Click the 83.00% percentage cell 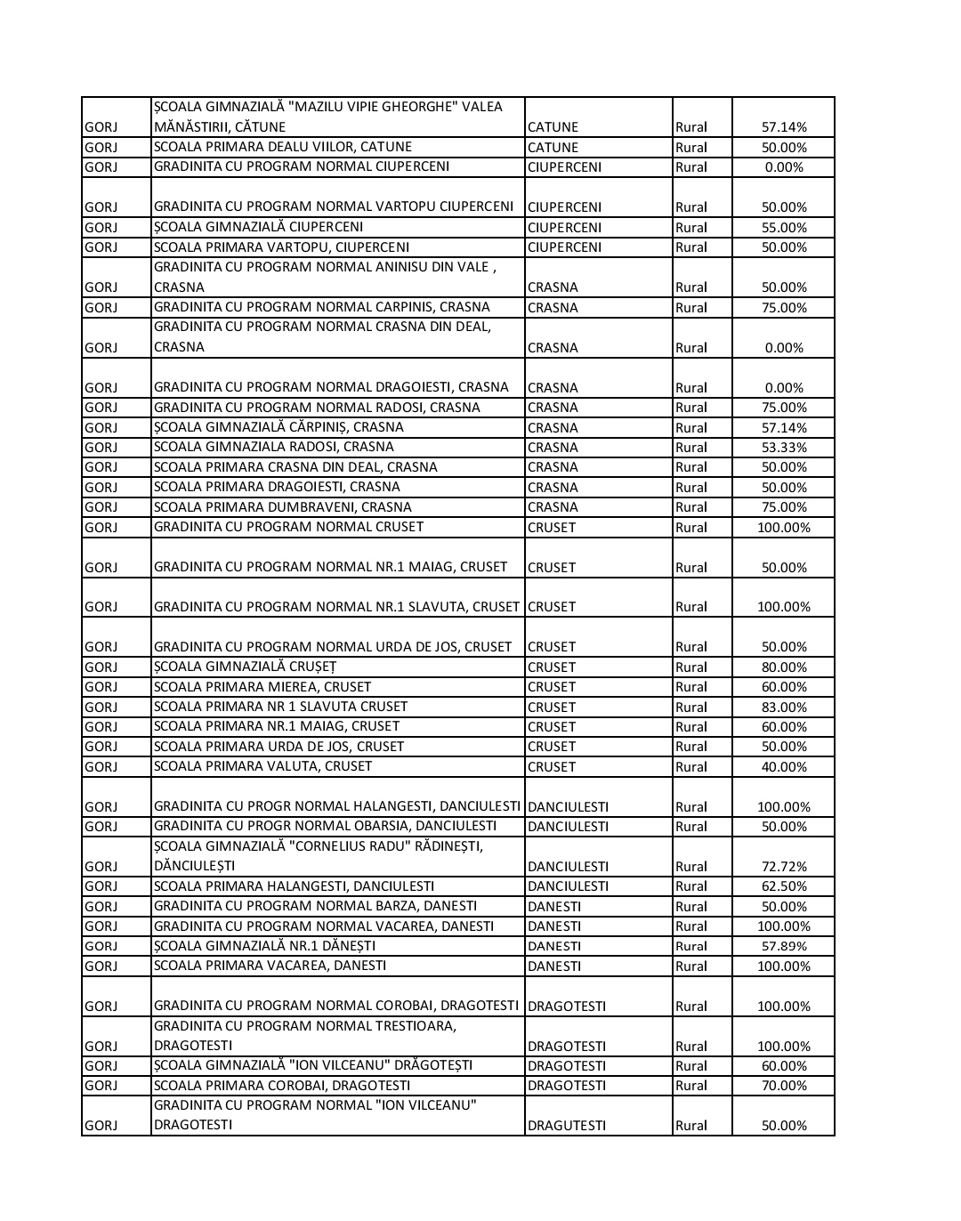[783, 708]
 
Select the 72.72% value [783, 867]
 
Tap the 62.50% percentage [783, 886]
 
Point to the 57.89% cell [783, 946]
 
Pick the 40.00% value [783, 767]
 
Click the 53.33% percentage [783, 448]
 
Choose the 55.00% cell [783, 228]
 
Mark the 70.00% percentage [783, 1086]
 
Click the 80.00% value [783, 667]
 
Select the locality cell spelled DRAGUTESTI [566, 1126]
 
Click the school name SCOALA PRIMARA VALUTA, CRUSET [262, 766]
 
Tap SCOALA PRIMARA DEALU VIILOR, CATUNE [282, 147]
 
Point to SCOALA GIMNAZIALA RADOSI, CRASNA [273, 447]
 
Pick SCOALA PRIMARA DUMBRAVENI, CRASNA [282, 506]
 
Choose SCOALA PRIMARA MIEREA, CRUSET [262, 686]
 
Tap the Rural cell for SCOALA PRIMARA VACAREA [691, 966]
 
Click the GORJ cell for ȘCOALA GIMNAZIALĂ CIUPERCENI [101, 228]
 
